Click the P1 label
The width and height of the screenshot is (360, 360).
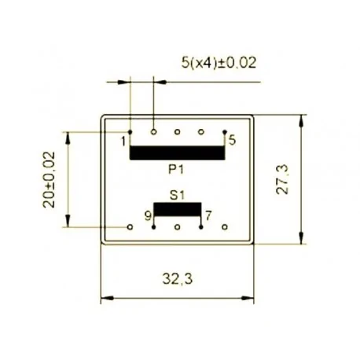[177, 169]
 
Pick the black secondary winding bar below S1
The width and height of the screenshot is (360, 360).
[177, 210]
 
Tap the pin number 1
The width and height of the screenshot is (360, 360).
[123, 141]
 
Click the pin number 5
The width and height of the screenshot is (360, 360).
[232, 141]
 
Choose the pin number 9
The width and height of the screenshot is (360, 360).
[147, 214]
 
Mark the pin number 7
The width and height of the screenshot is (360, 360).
[208, 214]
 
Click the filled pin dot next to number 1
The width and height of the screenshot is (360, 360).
[130, 132]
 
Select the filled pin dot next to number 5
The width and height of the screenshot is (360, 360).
[225, 132]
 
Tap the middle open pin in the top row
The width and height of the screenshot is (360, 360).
[178, 131]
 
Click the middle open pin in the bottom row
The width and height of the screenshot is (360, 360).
[178, 226]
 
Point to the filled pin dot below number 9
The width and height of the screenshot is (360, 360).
[154, 226]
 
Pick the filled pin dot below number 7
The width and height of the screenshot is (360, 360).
[201, 226]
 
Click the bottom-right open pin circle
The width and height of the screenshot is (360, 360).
[225, 226]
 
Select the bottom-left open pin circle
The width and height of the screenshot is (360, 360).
[130, 226]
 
